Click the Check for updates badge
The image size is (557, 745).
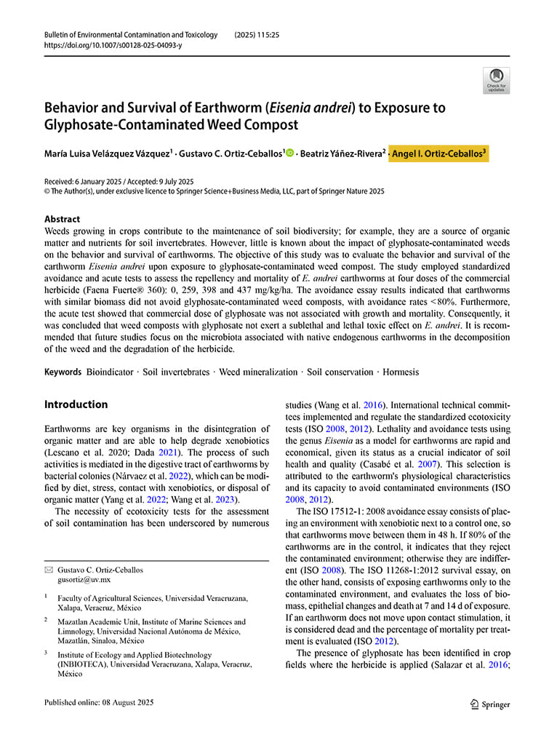pos(497,80)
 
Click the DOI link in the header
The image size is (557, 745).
pos(113,45)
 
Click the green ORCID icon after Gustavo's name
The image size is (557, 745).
pos(291,153)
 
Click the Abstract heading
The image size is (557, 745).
pos(62,219)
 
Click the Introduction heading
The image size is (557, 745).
pos(76,405)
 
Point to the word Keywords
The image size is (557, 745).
pos(63,372)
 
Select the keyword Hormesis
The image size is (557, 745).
pos(401,372)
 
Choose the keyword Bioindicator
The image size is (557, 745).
pos(110,372)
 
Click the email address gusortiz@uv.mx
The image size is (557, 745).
pos(84,581)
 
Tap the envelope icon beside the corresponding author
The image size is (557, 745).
pos(49,570)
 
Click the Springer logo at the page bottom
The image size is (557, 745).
pos(489,704)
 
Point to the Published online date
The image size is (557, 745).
pos(99,703)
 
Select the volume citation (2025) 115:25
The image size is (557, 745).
pos(257,35)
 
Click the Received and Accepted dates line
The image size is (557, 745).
pos(119,181)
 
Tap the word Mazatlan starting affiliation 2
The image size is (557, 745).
pos(74,622)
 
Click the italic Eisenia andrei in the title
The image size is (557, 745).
pos(310,108)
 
